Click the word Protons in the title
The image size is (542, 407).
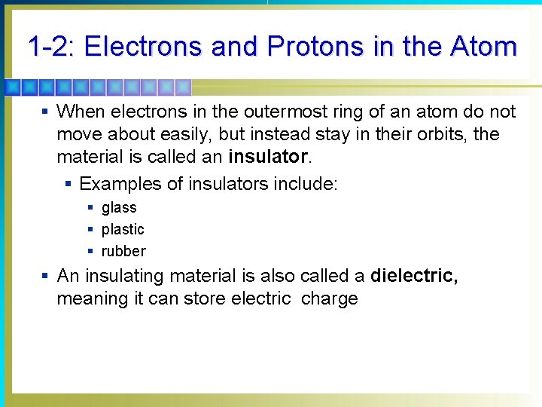tap(315, 47)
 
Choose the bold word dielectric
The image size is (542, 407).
tap(413, 276)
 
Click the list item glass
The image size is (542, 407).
tap(119, 207)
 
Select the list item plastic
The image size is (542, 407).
tap(123, 229)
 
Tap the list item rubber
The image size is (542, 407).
tap(123, 251)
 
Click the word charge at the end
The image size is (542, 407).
tap(329, 298)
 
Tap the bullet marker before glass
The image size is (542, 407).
tap(90, 207)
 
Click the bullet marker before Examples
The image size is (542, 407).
tap(69, 183)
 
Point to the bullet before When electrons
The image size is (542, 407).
tap(46, 112)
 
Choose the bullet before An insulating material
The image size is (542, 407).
tap(46, 276)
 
